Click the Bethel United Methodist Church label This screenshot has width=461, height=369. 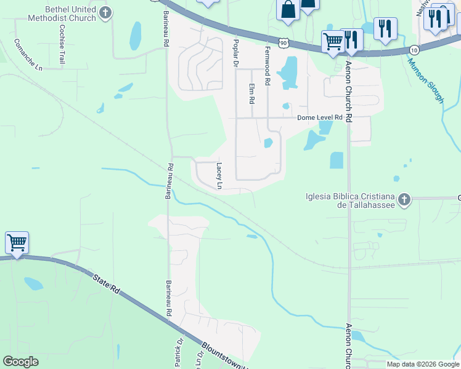[63, 14]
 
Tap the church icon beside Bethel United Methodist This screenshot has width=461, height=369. [105, 12]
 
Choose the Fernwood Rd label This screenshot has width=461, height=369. [267, 65]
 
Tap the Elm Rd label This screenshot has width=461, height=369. [251, 93]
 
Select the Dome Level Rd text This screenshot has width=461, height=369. [319, 118]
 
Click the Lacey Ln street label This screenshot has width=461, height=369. [219, 175]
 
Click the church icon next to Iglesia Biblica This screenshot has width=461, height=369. [404, 199]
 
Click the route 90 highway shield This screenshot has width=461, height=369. [283, 42]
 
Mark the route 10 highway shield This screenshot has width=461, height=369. [413, 49]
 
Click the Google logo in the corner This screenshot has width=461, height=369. [20, 362]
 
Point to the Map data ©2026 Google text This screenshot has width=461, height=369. [422, 364]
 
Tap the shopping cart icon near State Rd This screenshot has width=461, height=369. [17, 242]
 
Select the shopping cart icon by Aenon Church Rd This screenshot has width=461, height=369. [333, 42]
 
